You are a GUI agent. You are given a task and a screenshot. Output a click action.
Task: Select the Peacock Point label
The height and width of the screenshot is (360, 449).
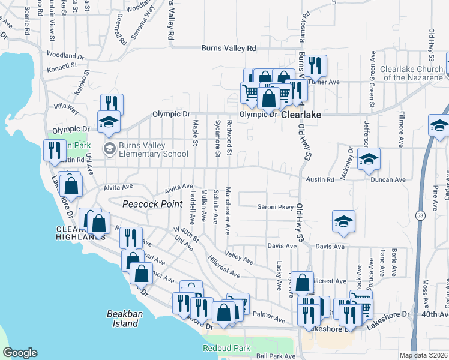click(x=152, y=204)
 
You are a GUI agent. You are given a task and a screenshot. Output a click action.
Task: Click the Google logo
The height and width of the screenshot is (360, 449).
click(x=20, y=353)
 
